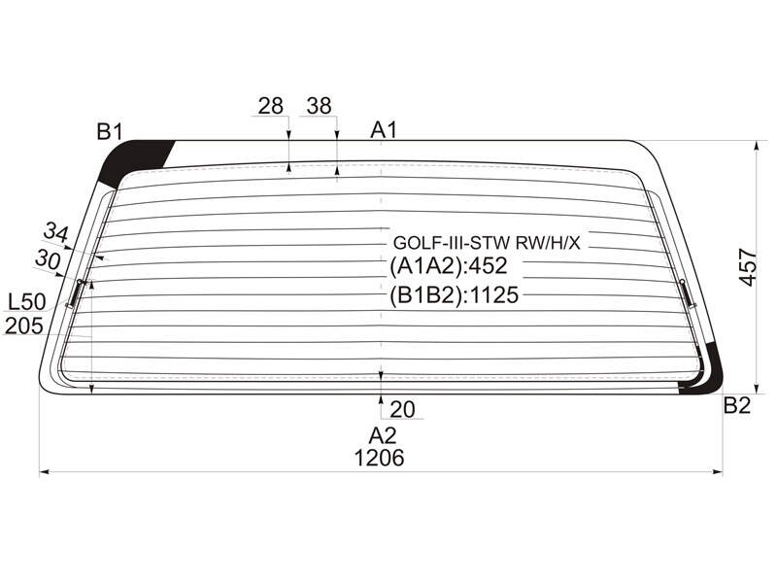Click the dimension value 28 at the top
click(271, 106)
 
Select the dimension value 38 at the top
click(319, 106)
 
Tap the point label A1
click(384, 130)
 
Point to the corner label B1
click(110, 132)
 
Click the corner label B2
click(737, 405)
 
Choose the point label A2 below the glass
click(383, 435)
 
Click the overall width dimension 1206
click(379, 458)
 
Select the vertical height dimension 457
click(748, 268)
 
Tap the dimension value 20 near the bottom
click(402, 409)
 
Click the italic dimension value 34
click(56, 232)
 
